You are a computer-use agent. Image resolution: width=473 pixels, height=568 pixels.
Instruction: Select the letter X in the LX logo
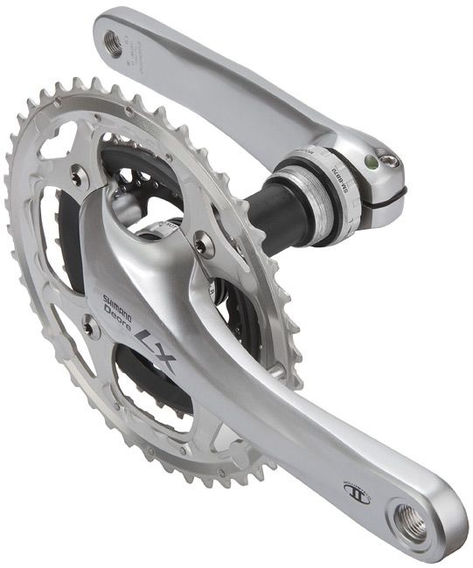[x=163, y=357]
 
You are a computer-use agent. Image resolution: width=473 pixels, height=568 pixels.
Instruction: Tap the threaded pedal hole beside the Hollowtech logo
[x=411, y=522]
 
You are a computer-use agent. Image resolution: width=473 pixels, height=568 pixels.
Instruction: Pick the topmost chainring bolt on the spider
[x=77, y=177]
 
